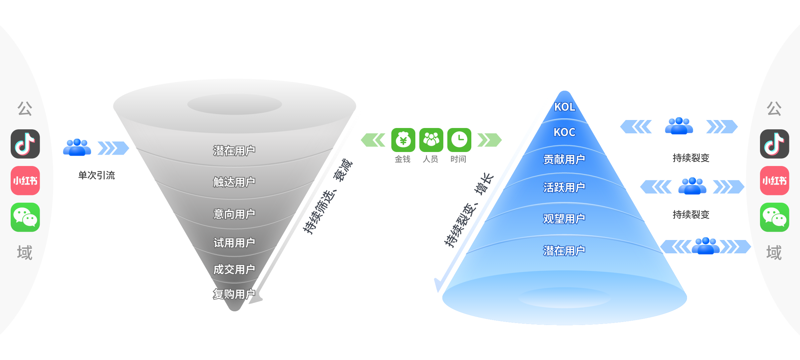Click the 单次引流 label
pyautogui.click(x=96, y=175)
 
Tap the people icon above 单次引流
pyautogui.click(x=77, y=147)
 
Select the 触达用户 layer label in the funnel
pyautogui.click(x=234, y=182)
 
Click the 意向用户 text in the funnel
pyautogui.click(x=234, y=214)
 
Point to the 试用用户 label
pyautogui.click(x=234, y=243)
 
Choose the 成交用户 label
pyautogui.click(x=234, y=269)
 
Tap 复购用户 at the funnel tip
pyautogui.click(x=234, y=294)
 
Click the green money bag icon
pyautogui.click(x=403, y=140)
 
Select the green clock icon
pyautogui.click(x=459, y=140)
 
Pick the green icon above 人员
pyautogui.click(x=431, y=140)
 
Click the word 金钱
pyautogui.click(x=402, y=159)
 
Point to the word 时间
pyautogui.click(x=458, y=159)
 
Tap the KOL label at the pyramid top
pyautogui.click(x=564, y=107)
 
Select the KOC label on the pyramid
pyautogui.click(x=564, y=132)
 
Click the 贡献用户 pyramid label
pyautogui.click(x=564, y=160)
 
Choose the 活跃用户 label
pyautogui.click(x=564, y=188)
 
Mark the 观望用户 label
pyautogui.click(x=564, y=219)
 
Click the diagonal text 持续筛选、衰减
pyautogui.click(x=328, y=197)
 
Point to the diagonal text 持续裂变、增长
pyautogui.click(x=469, y=210)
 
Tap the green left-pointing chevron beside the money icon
pyautogui.click(x=373, y=140)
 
